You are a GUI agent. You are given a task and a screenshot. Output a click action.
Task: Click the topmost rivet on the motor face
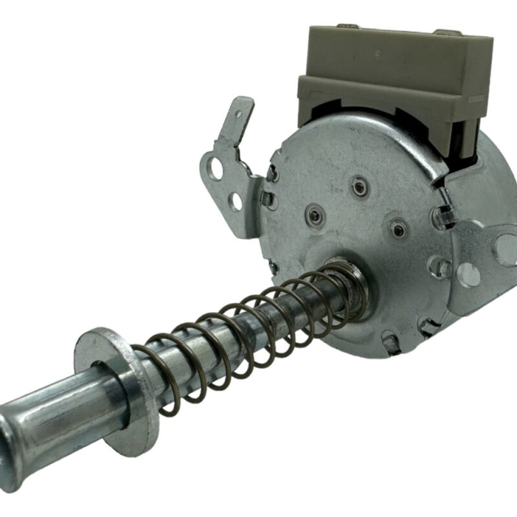[358, 187]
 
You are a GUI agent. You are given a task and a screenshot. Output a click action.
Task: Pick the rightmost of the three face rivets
[399, 227]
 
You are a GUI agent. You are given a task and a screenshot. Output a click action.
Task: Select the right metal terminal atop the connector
[446, 32]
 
